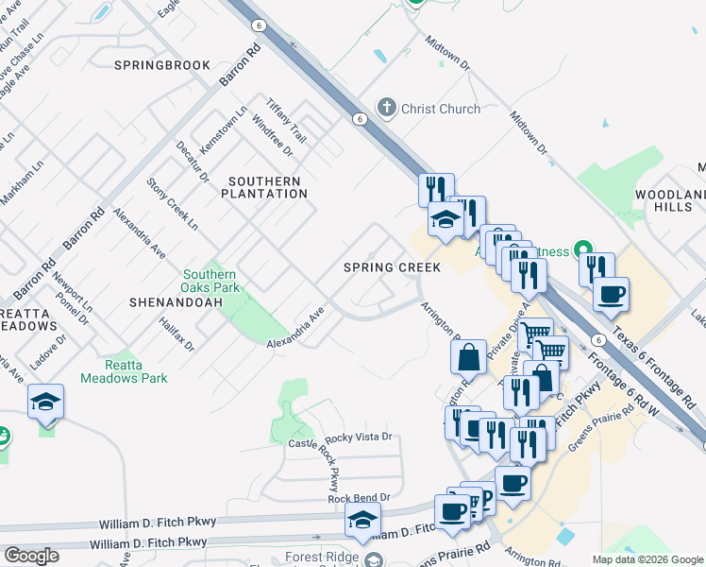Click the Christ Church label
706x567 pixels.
440,109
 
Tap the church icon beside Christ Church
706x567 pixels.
386,108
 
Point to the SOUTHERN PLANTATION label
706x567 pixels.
264,187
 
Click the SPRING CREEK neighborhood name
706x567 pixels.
392,267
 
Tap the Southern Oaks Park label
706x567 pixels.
210,281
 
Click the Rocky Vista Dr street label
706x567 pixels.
358,438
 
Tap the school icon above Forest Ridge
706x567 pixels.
361,520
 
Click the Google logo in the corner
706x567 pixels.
31,556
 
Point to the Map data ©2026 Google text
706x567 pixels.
647,559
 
